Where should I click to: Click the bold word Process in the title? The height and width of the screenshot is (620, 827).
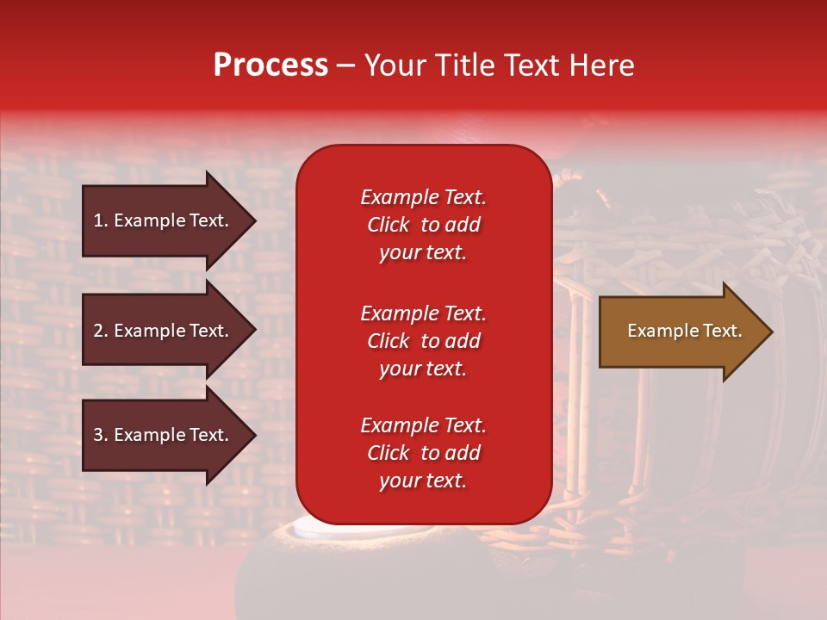point(270,65)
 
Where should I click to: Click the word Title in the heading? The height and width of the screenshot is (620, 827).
point(458,65)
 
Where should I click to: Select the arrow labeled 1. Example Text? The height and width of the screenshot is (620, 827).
point(164,220)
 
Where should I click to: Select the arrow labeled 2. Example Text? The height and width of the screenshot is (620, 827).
point(164,331)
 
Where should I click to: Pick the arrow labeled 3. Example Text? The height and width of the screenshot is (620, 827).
point(164,435)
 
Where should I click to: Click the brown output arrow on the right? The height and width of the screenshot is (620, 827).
point(681,332)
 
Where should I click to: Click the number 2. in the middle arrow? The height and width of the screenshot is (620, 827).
point(101,331)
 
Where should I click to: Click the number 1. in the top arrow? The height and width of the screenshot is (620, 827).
point(101,220)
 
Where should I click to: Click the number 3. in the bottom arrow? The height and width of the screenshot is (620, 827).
point(101,435)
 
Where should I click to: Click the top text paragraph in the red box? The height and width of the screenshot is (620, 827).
point(423,225)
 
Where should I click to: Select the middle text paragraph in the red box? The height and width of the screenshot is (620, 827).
point(423,341)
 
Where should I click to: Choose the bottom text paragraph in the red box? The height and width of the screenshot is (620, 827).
point(423,453)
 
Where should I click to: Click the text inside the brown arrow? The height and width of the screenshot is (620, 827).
point(684,331)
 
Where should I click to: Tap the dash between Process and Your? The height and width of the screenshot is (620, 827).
point(345,66)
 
